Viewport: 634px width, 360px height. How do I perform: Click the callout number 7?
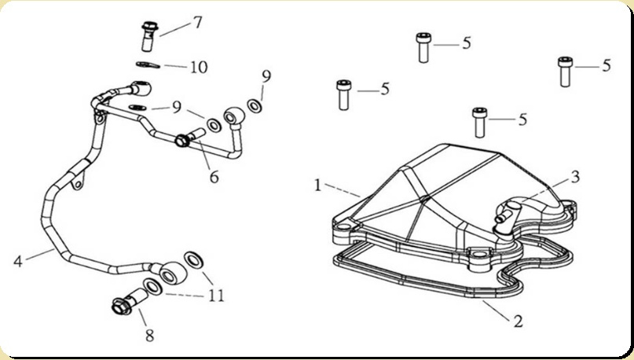point(197,22)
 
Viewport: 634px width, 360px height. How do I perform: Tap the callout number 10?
point(198,67)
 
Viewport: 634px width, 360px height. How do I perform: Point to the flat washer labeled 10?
point(145,65)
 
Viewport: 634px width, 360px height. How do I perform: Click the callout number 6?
point(213,177)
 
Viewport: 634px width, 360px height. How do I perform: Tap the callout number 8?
point(148,336)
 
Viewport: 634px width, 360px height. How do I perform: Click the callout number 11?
point(216,296)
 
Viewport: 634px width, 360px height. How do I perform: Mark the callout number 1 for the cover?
point(317,186)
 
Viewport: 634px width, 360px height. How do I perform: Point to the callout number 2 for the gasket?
point(517,321)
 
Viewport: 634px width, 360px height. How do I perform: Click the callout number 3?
point(575,177)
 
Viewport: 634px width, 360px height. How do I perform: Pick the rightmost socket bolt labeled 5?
point(564,70)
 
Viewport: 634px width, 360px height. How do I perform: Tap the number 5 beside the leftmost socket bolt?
point(385,89)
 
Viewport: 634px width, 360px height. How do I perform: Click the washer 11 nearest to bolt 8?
point(152,286)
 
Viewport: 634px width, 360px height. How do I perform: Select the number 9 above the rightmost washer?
point(266,76)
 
